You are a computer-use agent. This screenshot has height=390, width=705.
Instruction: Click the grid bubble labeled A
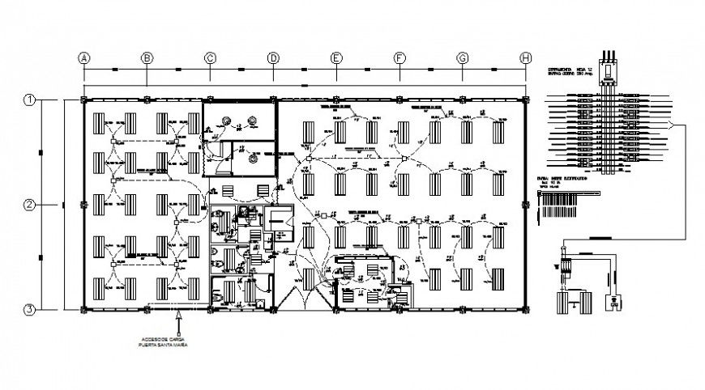[83, 57]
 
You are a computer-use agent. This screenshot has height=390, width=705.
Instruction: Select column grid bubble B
[147, 57]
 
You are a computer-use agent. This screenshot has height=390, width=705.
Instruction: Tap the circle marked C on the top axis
[210, 57]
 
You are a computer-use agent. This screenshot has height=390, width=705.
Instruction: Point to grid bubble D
[273, 57]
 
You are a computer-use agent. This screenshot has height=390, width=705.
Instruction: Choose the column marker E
[335, 57]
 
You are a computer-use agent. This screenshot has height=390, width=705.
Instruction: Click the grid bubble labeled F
[399, 57]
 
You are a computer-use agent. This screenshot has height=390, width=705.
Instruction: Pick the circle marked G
[462, 57]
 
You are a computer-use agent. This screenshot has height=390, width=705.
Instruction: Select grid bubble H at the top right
[525, 57]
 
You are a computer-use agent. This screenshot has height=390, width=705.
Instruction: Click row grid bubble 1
[29, 100]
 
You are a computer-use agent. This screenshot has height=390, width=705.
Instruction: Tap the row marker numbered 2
[29, 205]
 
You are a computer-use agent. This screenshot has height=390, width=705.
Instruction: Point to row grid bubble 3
[29, 309]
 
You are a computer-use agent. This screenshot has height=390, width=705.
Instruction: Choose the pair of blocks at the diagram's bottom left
[573, 303]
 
